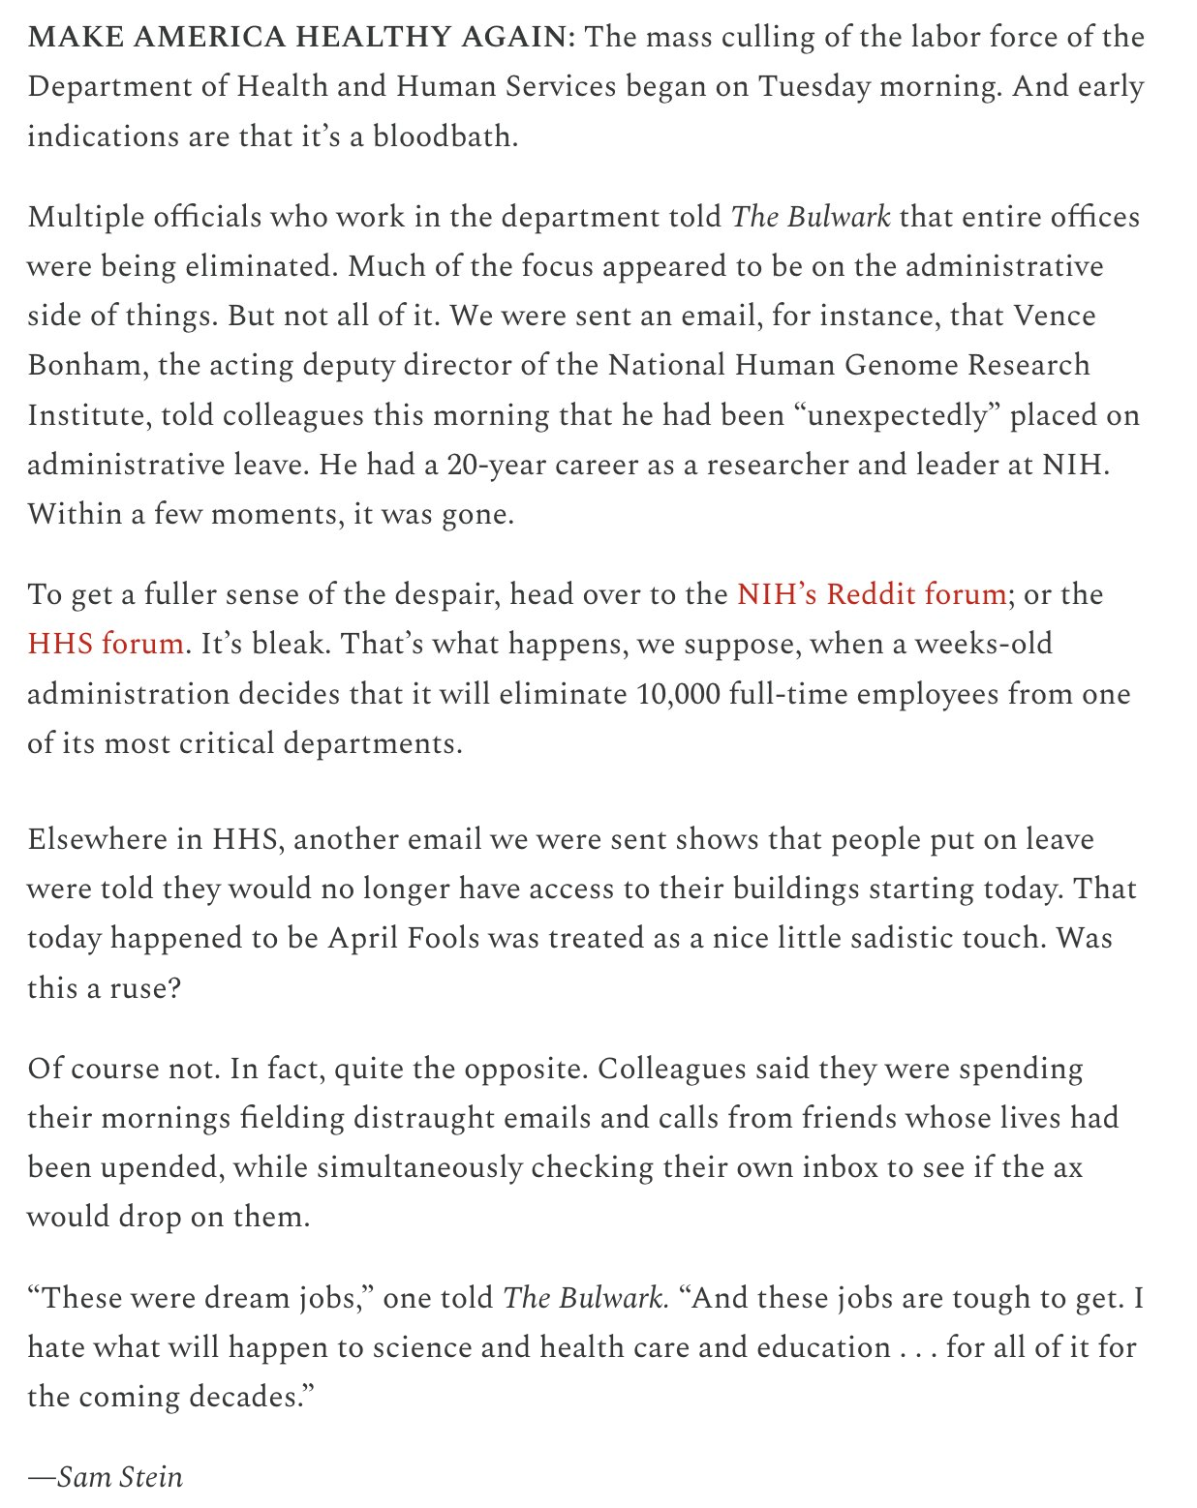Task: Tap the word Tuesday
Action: (x=814, y=87)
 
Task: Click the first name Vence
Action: (x=1055, y=316)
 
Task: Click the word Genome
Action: (x=897, y=366)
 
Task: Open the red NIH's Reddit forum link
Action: (x=871, y=594)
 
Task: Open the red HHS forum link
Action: (x=106, y=644)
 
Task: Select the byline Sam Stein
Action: (x=119, y=1477)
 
